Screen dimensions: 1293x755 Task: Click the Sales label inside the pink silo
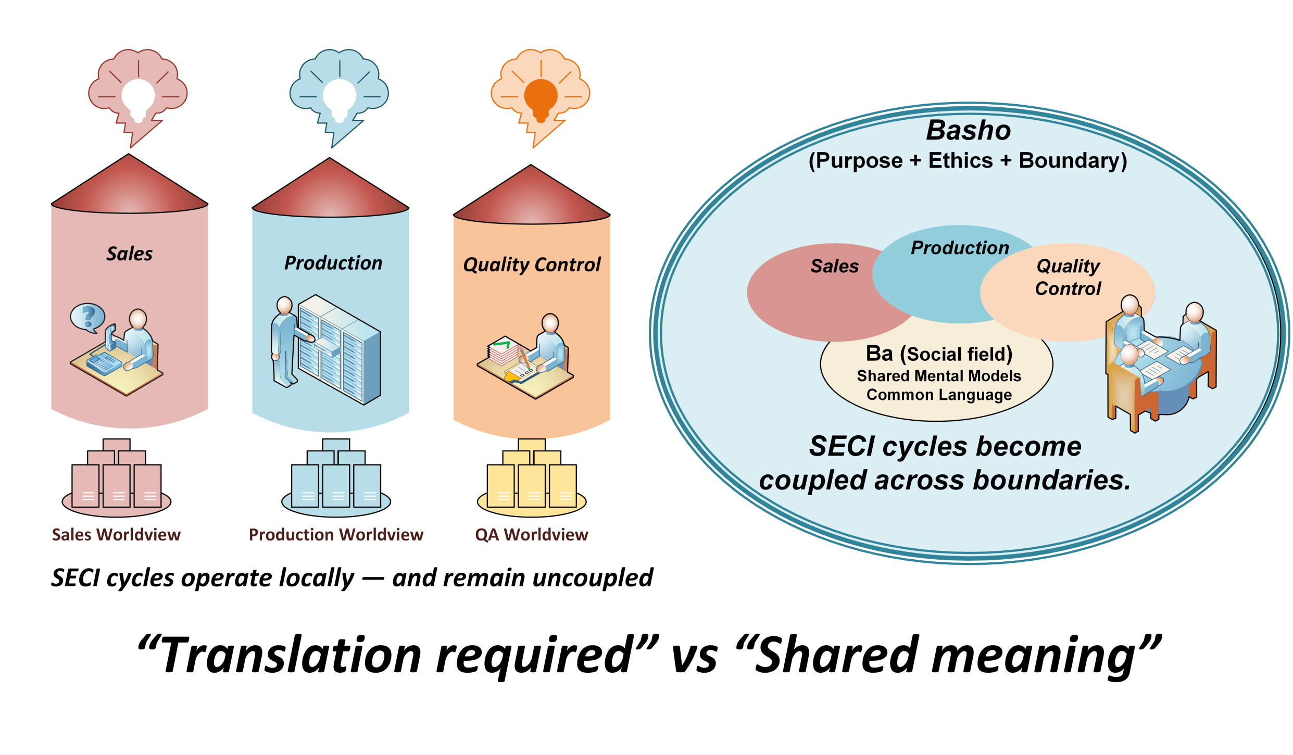[130, 254]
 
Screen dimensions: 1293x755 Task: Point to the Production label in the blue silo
[333, 263]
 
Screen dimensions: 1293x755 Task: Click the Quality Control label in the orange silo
[532, 265]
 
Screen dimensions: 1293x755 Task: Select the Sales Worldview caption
[116, 535]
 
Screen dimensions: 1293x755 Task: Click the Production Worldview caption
[336, 535]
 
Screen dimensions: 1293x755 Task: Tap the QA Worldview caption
[532, 535]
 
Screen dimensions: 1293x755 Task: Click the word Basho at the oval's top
[969, 130]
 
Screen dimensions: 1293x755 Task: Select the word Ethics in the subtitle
[961, 161]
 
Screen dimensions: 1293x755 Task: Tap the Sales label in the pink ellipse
[835, 267]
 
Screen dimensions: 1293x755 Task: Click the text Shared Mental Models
[939, 376]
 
